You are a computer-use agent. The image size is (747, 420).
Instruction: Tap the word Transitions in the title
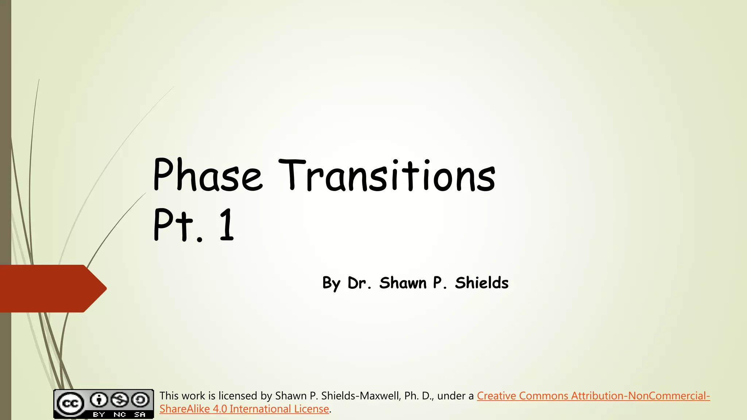click(x=387, y=176)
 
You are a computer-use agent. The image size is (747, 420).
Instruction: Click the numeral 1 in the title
click(x=227, y=224)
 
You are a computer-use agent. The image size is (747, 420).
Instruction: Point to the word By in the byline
click(x=331, y=283)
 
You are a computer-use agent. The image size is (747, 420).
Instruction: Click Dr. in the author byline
click(x=359, y=283)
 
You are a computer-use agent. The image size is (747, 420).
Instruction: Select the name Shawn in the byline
click(x=403, y=283)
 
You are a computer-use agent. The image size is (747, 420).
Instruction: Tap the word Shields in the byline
click(x=481, y=283)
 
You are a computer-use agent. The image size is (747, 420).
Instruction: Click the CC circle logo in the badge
click(x=69, y=403)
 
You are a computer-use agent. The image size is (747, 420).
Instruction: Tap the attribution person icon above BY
click(x=98, y=400)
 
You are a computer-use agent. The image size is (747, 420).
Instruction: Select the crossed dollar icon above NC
click(x=120, y=400)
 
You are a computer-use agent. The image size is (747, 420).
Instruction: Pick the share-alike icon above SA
click(x=140, y=400)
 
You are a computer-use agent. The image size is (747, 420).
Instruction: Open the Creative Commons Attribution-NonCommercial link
click(x=593, y=396)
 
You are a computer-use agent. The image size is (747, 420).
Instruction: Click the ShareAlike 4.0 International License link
click(x=244, y=409)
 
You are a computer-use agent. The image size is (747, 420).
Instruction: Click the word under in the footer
click(x=452, y=396)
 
